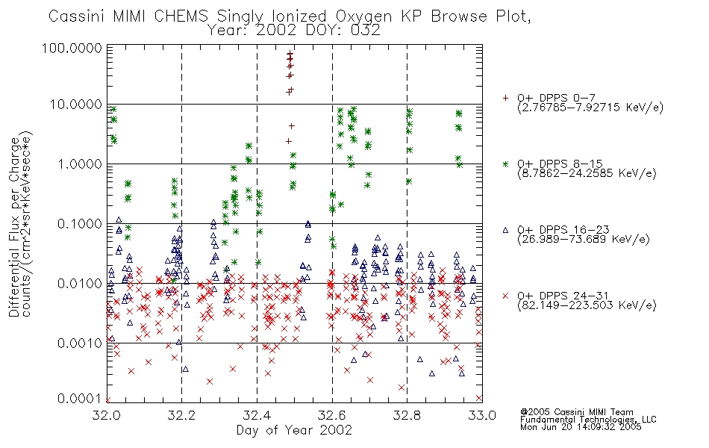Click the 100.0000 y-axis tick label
click(72, 48)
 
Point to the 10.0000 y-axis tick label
click(75, 105)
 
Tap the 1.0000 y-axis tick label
click(80, 164)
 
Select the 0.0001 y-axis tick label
click(78, 399)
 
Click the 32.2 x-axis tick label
click(181, 415)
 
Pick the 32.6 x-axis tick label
click(332, 415)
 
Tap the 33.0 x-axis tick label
click(482, 415)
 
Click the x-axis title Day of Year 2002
click(294, 430)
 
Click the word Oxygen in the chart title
click(364, 16)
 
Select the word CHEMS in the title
click(181, 16)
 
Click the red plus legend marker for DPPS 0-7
click(505, 97)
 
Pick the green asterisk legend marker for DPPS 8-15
click(505, 164)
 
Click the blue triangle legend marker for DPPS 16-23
click(505, 230)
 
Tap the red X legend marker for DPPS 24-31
click(505, 296)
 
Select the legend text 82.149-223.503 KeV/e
click(587, 305)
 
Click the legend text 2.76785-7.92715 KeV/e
click(590, 108)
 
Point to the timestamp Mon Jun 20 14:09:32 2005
click(581, 427)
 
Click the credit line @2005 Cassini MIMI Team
click(576, 412)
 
